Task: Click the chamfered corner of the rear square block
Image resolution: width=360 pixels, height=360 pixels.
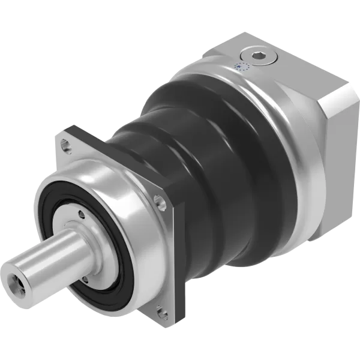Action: [x=336, y=108]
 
